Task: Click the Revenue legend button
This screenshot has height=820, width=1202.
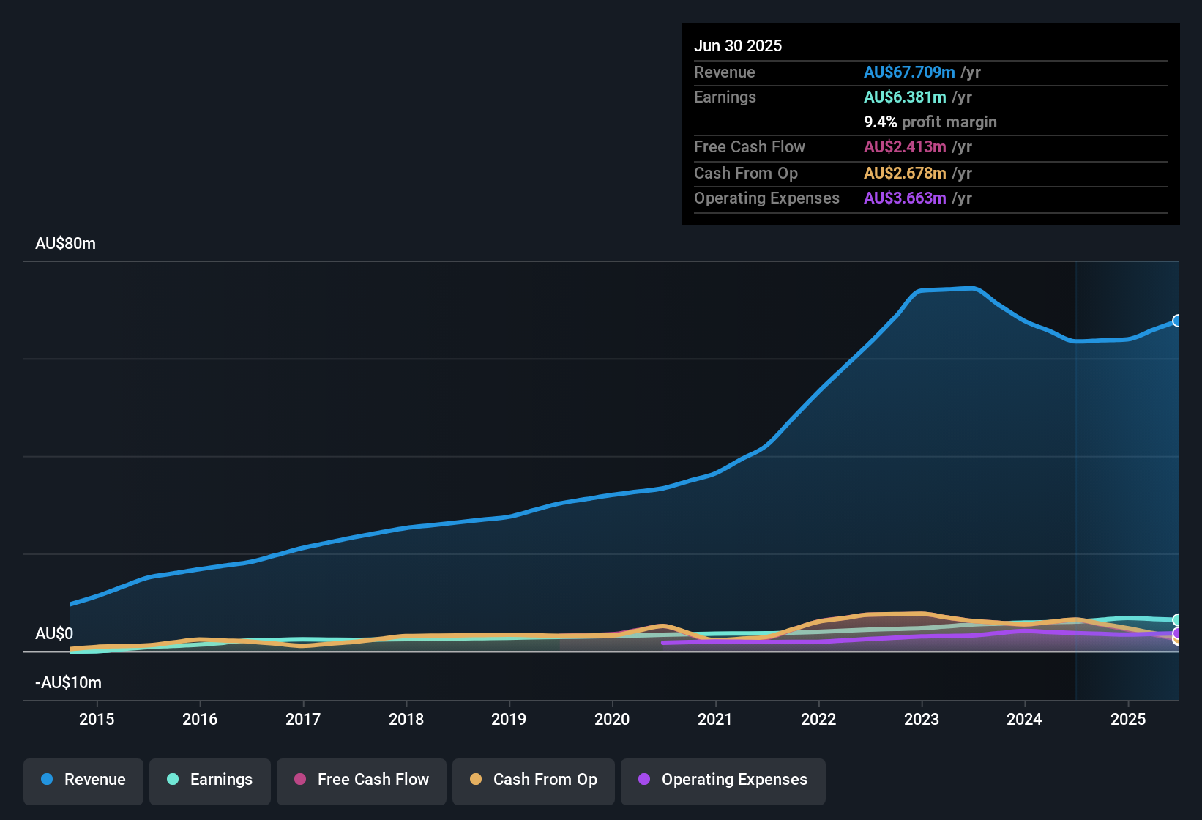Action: [x=83, y=780]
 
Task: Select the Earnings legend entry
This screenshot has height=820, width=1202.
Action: [x=210, y=780]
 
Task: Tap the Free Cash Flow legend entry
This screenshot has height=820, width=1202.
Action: [x=362, y=780]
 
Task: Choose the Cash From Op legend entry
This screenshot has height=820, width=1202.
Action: [x=534, y=780]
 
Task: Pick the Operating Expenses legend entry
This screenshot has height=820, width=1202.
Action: [x=723, y=780]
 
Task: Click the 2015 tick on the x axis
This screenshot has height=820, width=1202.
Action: [x=97, y=720]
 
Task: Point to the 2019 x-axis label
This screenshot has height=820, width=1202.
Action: [x=509, y=720]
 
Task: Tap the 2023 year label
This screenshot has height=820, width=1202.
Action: [x=922, y=720]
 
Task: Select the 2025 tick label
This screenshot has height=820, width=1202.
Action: [x=1128, y=720]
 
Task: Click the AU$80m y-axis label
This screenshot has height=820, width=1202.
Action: [x=65, y=244]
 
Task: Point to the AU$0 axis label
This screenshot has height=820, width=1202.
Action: [x=54, y=634]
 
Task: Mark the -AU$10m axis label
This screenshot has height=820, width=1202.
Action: [x=68, y=683]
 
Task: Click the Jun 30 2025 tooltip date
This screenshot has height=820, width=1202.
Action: [x=738, y=46]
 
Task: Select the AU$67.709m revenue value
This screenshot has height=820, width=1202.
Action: [x=909, y=72]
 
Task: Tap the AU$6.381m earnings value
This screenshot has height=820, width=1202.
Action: [x=905, y=97]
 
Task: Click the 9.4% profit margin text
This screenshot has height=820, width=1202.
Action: [x=930, y=122]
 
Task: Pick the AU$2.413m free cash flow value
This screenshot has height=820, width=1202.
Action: [x=905, y=147]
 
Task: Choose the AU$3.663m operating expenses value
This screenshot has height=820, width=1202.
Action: [x=905, y=198]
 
